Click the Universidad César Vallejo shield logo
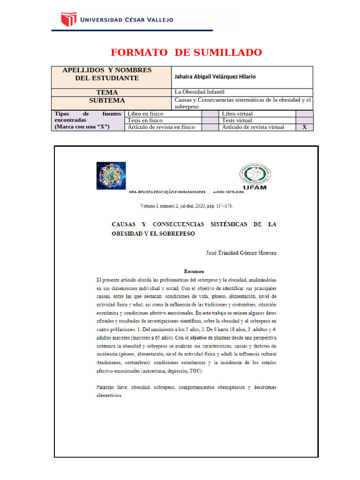click(x=68, y=20)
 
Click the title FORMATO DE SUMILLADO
click(x=186, y=52)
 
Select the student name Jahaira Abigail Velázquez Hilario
click(x=215, y=77)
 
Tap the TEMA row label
click(x=107, y=92)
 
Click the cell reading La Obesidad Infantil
click(x=199, y=92)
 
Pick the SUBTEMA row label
click(x=107, y=100)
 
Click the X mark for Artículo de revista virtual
click(x=304, y=127)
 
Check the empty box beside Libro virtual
click(x=304, y=113)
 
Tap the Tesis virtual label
click(x=237, y=120)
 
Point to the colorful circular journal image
click(x=111, y=175)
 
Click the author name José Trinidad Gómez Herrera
click(x=241, y=253)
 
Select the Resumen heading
click(x=194, y=271)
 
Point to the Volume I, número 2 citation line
click(x=187, y=206)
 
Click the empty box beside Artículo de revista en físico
click(x=210, y=127)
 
